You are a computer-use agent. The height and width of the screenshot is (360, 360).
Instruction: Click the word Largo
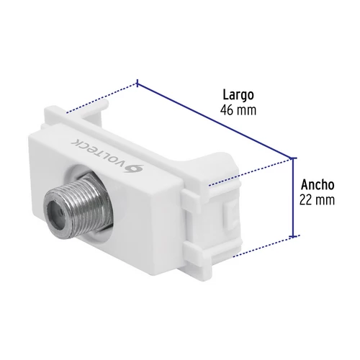(x=238, y=96)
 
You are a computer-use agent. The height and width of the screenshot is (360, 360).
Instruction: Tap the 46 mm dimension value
(x=238, y=110)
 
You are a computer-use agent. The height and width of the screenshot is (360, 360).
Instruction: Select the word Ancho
(x=318, y=185)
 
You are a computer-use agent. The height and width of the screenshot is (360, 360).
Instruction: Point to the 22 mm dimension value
(x=317, y=200)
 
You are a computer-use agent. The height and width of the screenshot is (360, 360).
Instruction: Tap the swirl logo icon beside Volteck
(x=135, y=168)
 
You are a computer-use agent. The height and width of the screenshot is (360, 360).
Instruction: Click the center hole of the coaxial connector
(x=57, y=210)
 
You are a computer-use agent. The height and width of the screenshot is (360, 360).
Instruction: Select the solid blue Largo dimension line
(x=215, y=121)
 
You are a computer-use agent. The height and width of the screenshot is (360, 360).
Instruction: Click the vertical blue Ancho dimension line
(x=293, y=197)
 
